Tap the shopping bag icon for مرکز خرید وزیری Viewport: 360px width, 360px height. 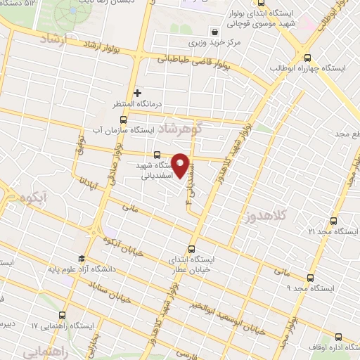click(214, 32)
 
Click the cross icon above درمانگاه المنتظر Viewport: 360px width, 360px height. click(138, 92)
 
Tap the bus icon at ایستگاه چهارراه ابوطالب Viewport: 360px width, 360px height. click(307, 57)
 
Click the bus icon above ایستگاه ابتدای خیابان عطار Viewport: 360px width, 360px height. click(191, 247)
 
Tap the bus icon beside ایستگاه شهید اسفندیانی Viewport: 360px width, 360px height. click(156, 155)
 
